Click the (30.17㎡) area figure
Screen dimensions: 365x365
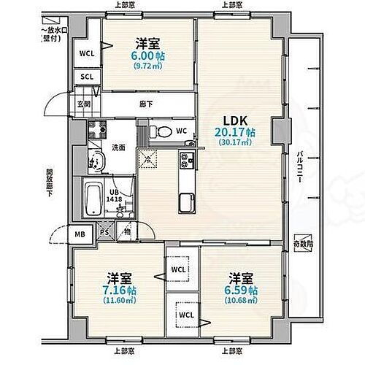[x=235, y=142]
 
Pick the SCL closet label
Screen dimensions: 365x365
[x=86, y=76]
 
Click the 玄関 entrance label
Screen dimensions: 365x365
[x=84, y=103]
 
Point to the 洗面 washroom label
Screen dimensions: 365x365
[x=118, y=147]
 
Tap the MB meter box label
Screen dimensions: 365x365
[x=80, y=234]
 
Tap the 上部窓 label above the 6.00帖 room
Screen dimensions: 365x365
[x=123, y=5]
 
